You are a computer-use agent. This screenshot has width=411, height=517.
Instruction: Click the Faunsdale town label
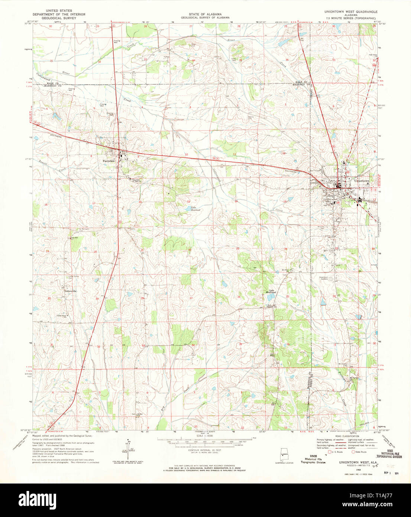(x=109, y=161)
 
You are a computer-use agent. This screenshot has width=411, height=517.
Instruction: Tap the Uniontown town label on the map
(x=362, y=181)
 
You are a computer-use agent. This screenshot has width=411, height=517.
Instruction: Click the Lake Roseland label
(x=195, y=209)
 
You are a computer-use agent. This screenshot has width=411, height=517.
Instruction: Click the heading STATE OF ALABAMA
(x=204, y=15)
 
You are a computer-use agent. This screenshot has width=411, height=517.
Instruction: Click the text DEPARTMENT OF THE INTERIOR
(x=59, y=15)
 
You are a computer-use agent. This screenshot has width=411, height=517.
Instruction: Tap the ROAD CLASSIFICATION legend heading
(x=347, y=436)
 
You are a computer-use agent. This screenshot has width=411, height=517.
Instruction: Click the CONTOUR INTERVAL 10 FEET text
(x=204, y=450)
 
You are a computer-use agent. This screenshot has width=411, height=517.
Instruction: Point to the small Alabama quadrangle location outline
(x=285, y=455)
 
